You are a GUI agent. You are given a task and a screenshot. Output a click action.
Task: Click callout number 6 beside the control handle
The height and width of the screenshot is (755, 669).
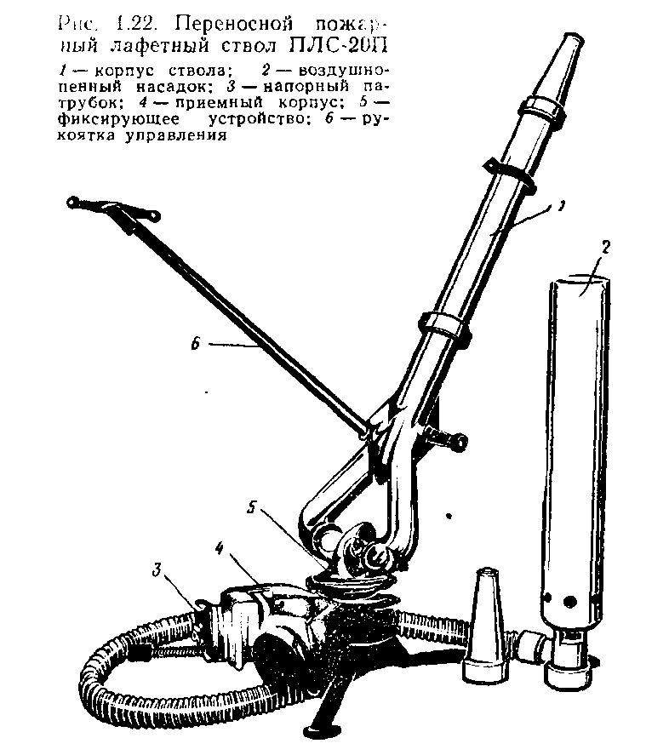[195, 344]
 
